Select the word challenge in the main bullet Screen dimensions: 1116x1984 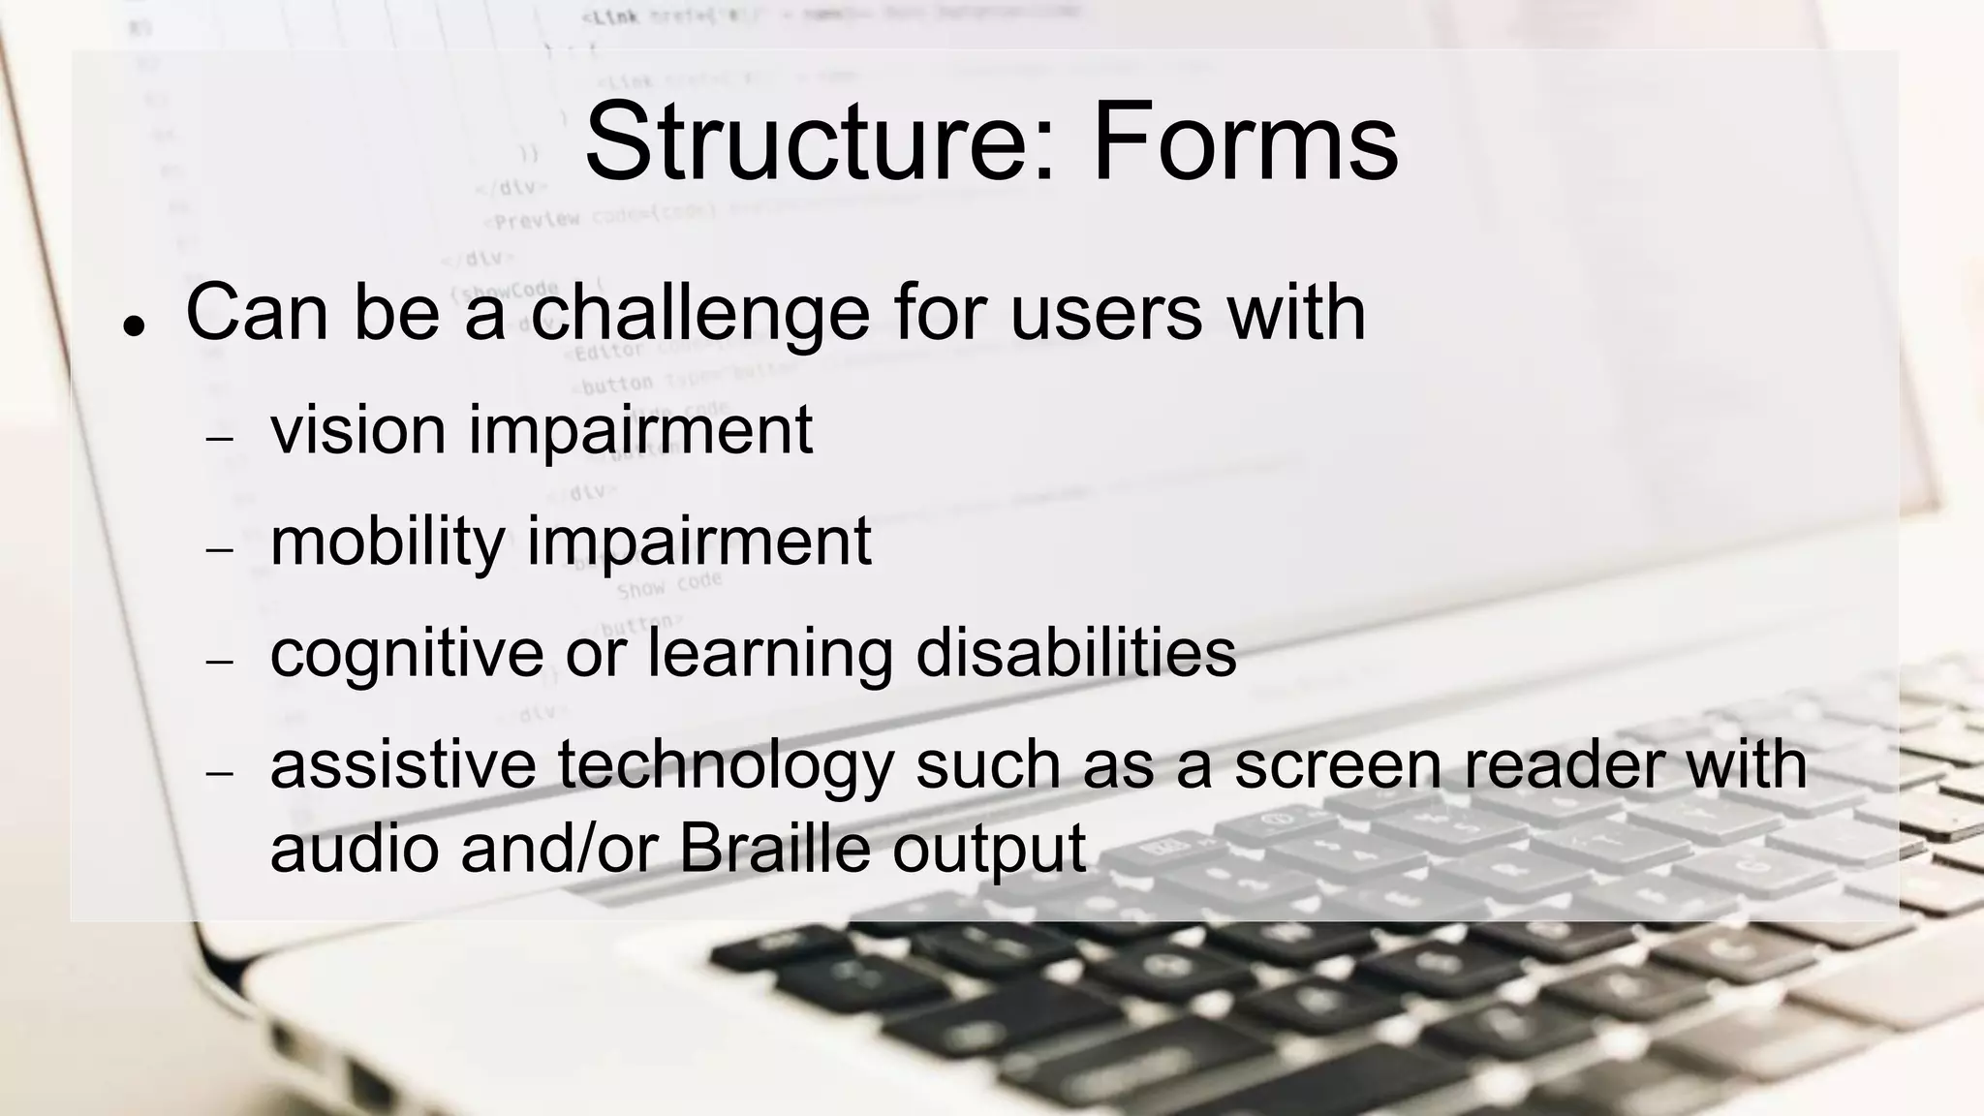pos(699,315)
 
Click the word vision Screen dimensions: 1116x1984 pos(357,429)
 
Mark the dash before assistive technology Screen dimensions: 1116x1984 pos(221,773)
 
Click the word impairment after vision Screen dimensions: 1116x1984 pos(640,431)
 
